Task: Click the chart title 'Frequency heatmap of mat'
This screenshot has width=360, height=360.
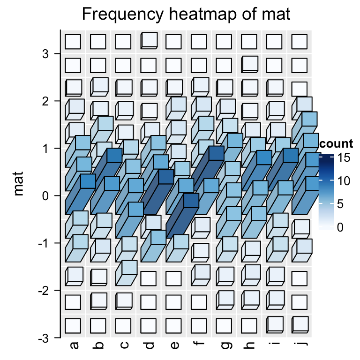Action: click(186, 15)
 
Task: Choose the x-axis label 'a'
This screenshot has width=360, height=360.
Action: click(74, 345)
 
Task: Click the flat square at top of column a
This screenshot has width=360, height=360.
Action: click(73, 42)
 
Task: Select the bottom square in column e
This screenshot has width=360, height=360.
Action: click(173, 325)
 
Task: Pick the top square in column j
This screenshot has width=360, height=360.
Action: click(299, 42)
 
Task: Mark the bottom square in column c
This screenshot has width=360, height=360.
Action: click(123, 325)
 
